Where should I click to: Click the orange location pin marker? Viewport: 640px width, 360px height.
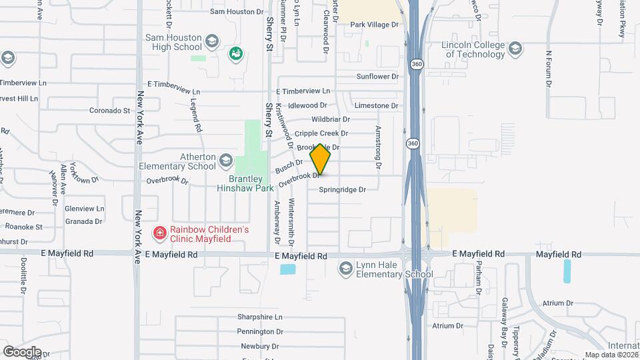tap(321, 159)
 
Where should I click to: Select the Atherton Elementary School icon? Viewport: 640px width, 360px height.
tap(226, 160)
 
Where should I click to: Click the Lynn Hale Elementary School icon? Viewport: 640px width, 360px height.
tap(345, 268)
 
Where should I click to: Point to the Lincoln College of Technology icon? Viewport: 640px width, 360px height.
tap(515, 48)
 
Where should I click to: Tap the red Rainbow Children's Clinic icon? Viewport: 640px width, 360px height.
tap(159, 233)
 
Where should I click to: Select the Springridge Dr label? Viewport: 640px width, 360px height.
tap(342, 190)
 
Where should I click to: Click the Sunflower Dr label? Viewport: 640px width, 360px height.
tap(377, 77)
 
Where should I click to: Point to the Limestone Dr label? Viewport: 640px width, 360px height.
tap(377, 106)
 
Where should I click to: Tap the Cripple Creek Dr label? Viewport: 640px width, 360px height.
tap(321, 134)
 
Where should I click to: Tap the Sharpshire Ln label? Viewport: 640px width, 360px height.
tap(260, 317)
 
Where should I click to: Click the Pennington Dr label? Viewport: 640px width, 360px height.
tap(260, 331)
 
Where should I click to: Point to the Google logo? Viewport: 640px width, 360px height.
tap(22, 351)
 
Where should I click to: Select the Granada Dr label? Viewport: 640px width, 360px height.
tap(83, 221)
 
